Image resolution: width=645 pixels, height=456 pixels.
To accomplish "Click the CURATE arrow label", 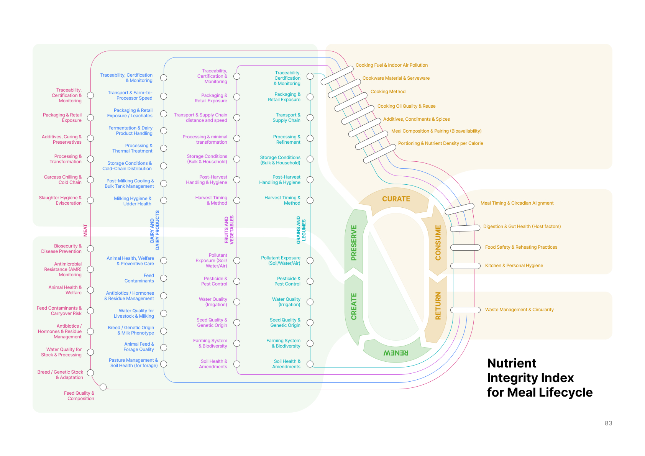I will (396, 199).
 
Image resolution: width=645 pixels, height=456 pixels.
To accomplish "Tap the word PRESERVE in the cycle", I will (354, 243).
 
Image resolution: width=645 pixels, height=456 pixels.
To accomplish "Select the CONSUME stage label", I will (438, 243).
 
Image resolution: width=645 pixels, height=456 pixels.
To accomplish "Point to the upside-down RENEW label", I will (396, 353).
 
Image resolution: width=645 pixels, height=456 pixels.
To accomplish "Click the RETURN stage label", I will (438, 306).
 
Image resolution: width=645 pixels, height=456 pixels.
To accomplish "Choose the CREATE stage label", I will (354, 306).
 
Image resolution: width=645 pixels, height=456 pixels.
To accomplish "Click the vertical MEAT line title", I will (85, 230).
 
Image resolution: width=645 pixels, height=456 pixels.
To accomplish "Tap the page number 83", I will (608, 423).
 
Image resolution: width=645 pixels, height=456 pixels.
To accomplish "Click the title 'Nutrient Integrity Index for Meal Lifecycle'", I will (539, 378).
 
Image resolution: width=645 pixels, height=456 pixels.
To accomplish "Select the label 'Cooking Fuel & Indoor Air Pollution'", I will (391, 65).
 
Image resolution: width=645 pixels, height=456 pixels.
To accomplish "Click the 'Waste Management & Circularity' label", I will (519, 310).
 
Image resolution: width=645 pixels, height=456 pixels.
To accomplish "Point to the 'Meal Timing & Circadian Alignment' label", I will (517, 203).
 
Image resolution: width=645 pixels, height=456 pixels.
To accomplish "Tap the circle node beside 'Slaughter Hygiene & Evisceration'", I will (90, 200).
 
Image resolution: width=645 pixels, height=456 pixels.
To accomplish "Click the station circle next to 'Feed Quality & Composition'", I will (103, 387).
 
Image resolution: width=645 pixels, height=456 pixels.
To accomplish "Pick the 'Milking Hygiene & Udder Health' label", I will (133, 201).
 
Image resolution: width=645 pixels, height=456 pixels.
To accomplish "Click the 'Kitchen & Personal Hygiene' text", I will (514, 266).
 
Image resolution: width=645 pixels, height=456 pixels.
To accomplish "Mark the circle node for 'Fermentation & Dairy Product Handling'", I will (164, 131).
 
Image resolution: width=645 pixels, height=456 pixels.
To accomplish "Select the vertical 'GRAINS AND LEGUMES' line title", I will (301, 230).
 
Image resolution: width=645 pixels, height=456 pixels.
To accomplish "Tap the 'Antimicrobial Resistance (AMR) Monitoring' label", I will (63, 269).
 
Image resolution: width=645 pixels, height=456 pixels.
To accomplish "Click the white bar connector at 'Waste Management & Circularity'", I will (465, 310).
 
